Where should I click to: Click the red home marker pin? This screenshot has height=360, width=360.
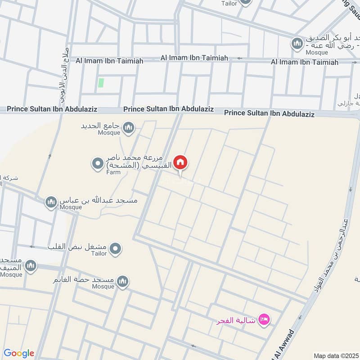180,162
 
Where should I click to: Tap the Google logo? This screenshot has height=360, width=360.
19,353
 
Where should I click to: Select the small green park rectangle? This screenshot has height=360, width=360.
101,83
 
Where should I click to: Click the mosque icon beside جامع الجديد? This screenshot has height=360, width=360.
129,128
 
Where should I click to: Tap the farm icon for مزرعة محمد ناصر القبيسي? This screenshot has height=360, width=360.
98,163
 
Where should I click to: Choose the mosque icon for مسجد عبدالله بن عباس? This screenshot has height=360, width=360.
51,202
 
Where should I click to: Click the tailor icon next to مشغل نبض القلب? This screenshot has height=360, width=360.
116,248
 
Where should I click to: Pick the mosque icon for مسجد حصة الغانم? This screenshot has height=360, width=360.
123,282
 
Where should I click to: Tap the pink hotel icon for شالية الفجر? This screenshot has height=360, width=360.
264,320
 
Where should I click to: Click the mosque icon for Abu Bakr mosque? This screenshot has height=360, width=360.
297,43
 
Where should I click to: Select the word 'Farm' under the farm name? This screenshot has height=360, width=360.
113,172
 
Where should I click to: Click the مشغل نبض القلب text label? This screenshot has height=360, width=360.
77,247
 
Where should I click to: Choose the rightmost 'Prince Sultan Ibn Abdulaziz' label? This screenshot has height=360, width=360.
269,113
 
